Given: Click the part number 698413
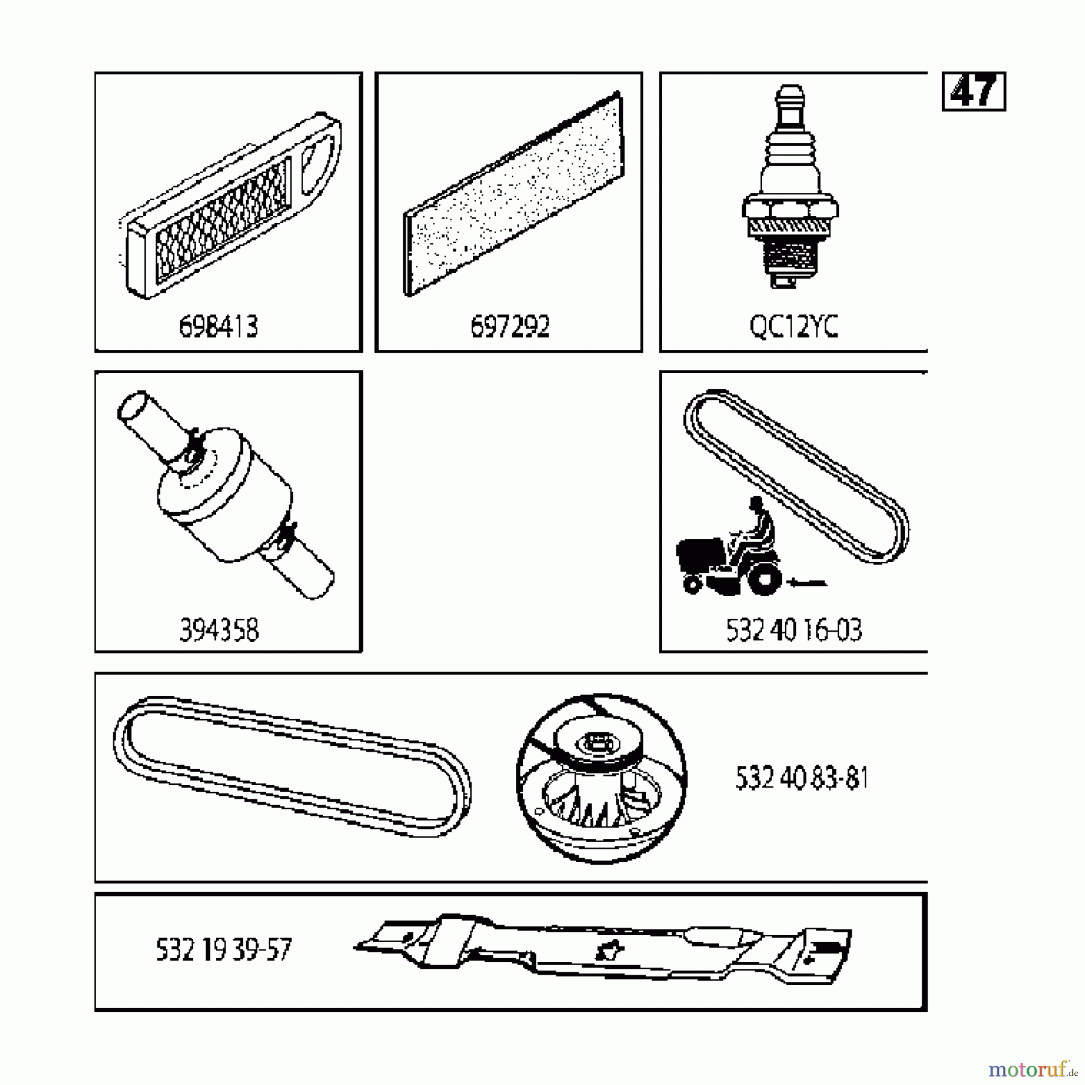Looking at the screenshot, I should pyautogui.click(x=218, y=327).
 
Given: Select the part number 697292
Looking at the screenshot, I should pyautogui.click(x=510, y=327).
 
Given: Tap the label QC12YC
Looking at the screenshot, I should pyautogui.click(x=793, y=327).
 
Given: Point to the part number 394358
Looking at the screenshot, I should pyautogui.click(x=219, y=631).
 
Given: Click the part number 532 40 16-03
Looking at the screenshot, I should pyautogui.click(x=794, y=631).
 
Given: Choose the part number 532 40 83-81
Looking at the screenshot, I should pyautogui.click(x=802, y=778).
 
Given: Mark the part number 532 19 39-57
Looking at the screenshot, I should pyautogui.click(x=224, y=950).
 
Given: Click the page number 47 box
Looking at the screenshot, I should pyautogui.click(x=973, y=92).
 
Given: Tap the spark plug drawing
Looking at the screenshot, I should pyautogui.click(x=790, y=187).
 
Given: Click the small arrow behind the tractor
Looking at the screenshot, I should pyautogui.click(x=808, y=582).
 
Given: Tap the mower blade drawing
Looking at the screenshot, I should pyautogui.click(x=603, y=949).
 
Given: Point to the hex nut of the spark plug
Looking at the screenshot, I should pyautogui.click(x=790, y=209).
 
